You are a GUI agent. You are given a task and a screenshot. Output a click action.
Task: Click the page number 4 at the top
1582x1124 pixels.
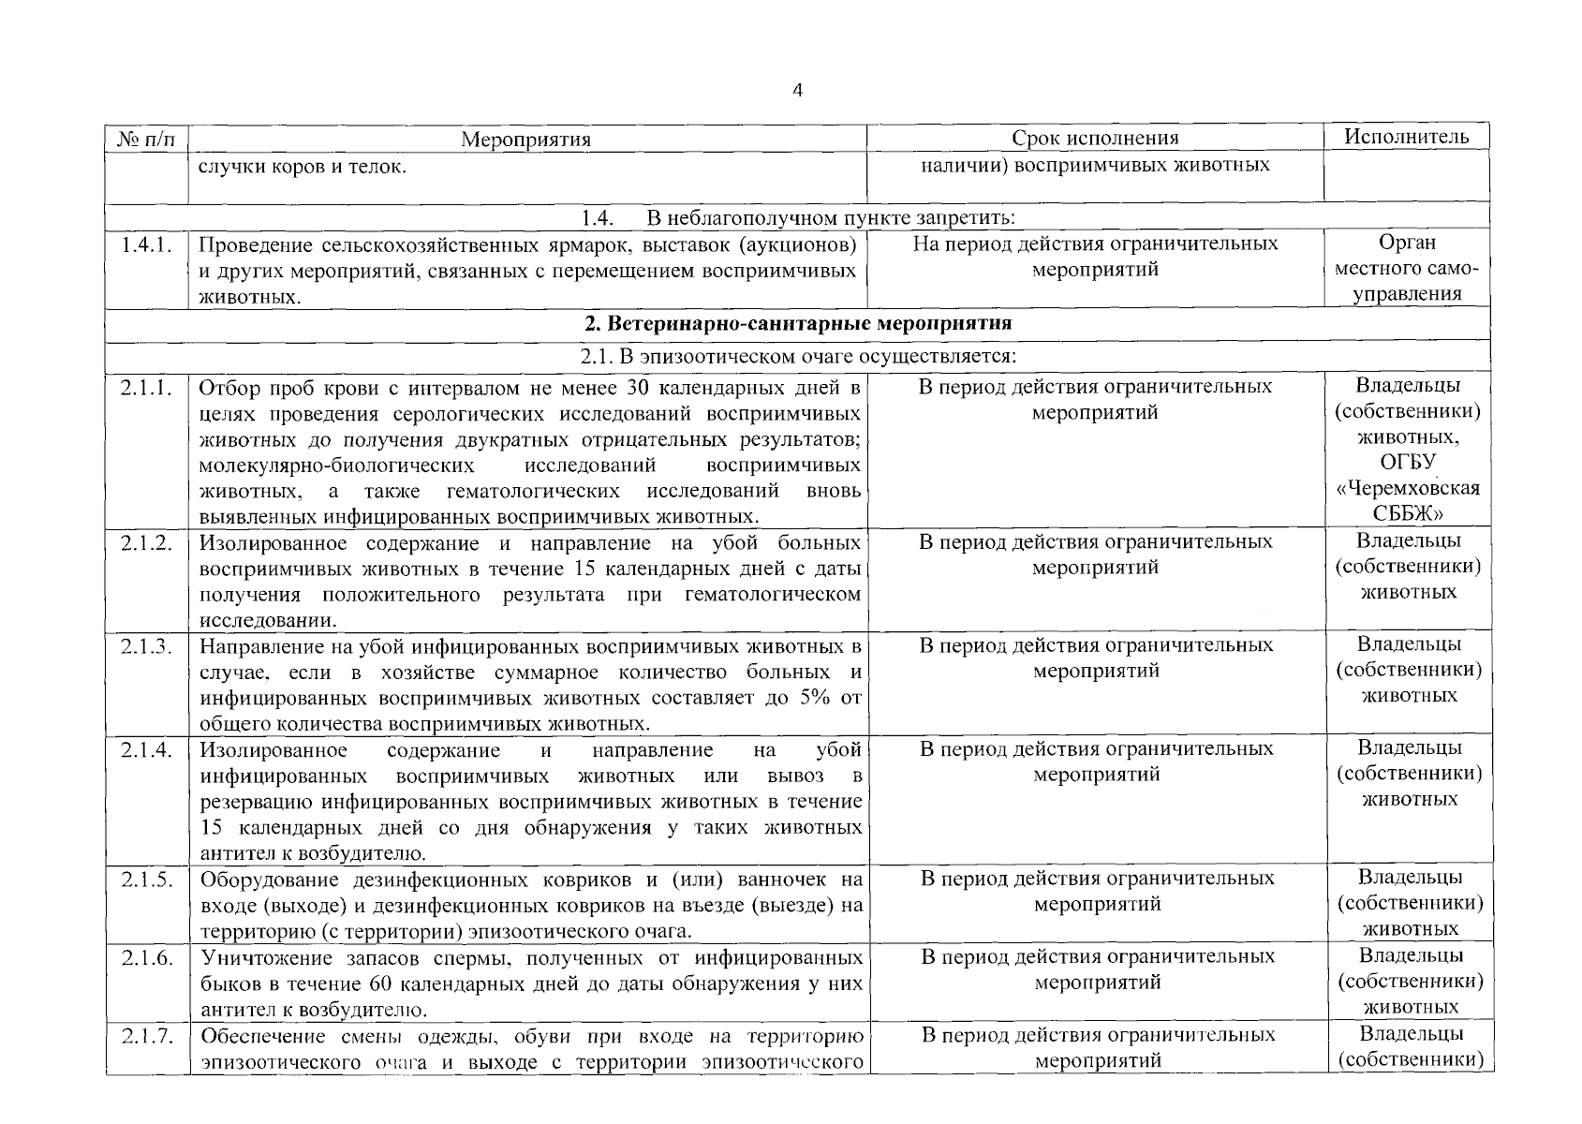coord(797,91)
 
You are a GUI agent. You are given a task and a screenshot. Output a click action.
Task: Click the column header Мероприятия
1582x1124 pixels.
coord(526,140)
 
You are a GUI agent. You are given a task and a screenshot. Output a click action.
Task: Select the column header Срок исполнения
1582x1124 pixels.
coord(1094,139)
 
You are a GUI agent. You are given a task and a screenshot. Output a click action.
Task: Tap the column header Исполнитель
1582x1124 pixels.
coord(1406,137)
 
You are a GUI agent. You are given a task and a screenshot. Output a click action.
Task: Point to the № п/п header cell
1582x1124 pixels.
coord(146,140)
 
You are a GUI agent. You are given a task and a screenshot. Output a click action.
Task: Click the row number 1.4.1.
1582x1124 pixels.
coord(146,244)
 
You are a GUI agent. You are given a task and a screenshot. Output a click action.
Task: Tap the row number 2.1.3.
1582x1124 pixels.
coord(146,646)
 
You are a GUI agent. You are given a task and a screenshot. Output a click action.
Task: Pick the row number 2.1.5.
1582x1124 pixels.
coord(146,880)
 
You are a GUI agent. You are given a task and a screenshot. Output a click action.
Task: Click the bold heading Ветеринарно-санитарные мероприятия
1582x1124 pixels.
coord(797,324)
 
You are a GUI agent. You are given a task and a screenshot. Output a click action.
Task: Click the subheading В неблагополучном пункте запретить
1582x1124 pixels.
coord(830,218)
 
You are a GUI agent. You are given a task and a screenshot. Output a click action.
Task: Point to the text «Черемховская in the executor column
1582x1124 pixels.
coord(1408,489)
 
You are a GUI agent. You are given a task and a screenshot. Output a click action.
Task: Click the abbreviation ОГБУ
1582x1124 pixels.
coord(1408,463)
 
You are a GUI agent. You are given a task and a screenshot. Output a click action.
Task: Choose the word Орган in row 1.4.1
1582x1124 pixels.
coord(1408,243)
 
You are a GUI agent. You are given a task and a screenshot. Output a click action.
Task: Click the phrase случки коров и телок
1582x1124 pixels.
coord(303,169)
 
